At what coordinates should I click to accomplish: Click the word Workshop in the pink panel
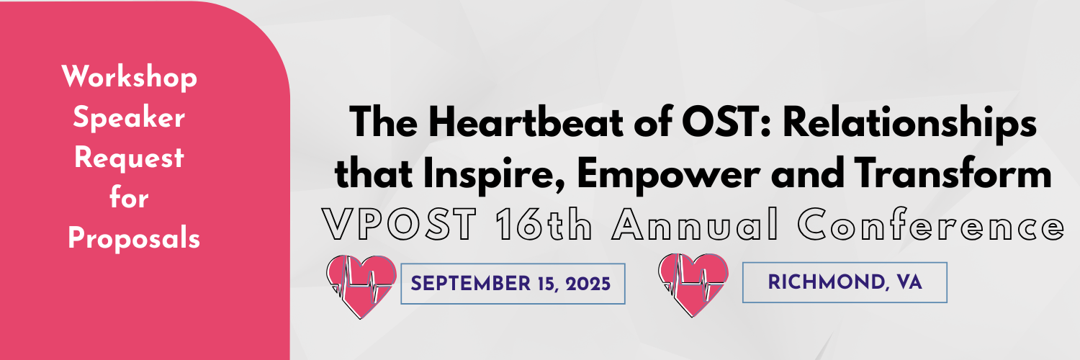point(129,78)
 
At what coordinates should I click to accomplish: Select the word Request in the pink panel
point(129,158)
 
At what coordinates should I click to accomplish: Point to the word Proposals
point(133,238)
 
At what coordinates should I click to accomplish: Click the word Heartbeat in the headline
point(526,122)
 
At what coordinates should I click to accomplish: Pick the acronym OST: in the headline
point(728,122)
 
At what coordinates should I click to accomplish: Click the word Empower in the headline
point(668,174)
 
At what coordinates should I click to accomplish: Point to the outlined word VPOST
point(399,225)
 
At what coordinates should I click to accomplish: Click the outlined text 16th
point(544,225)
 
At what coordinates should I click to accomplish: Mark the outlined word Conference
point(930,225)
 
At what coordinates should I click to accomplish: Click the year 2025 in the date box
point(588,284)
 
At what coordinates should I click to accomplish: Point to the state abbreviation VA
point(909,282)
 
